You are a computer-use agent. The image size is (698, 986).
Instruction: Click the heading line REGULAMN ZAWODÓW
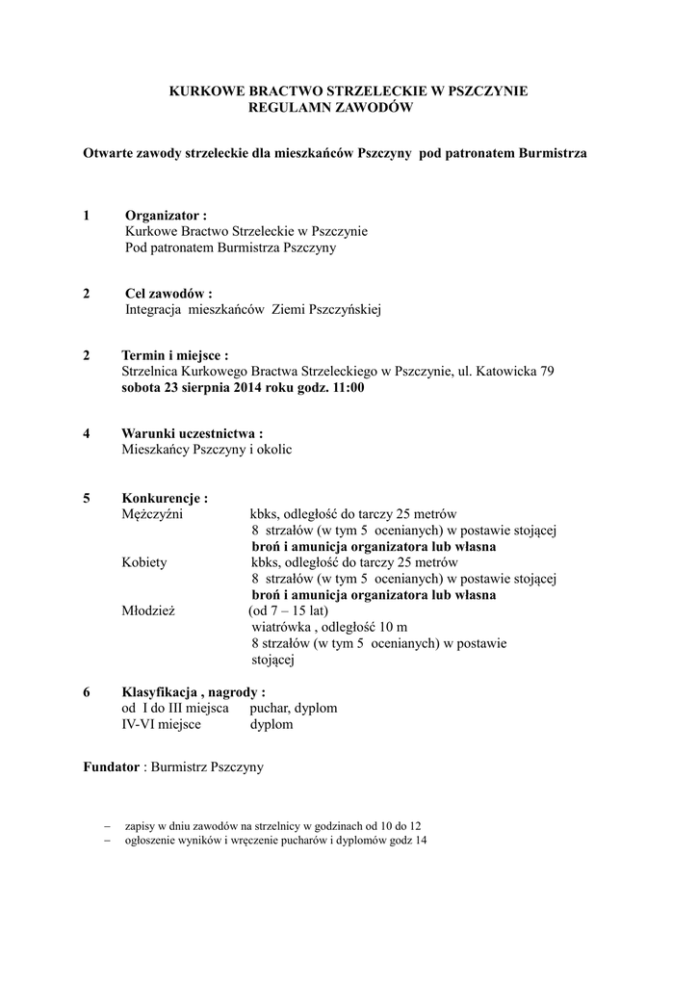330,109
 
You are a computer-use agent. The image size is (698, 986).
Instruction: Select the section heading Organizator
166,216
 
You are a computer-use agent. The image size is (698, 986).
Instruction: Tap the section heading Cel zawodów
168,293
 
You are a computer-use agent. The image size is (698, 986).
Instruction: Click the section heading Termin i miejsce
174,355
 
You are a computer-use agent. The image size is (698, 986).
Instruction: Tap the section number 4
87,433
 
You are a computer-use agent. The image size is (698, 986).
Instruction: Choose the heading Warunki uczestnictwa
192,433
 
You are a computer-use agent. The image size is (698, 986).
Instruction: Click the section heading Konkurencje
165,498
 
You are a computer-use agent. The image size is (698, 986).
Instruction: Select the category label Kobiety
144,562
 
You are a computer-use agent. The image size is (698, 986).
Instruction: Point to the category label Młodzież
148,611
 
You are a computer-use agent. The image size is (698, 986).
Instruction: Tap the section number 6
87,692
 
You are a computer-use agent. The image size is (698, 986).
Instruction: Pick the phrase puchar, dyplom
294,708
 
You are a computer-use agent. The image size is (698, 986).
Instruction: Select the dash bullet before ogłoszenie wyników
108,841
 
